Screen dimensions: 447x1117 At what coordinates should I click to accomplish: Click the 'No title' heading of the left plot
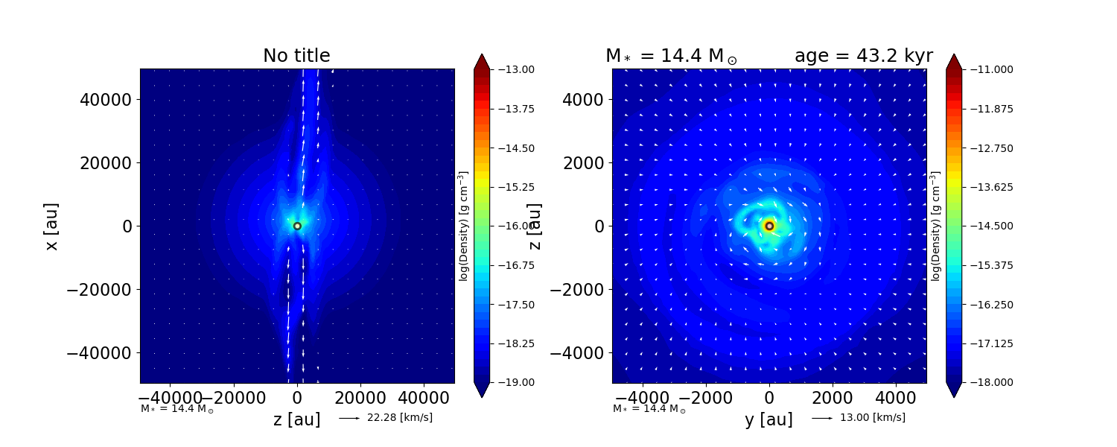[x=296, y=56]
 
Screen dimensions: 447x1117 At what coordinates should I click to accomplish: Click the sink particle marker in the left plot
[x=297, y=226]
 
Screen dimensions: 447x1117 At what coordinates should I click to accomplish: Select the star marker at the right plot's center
[x=769, y=226]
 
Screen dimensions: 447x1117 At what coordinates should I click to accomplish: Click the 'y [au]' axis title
[x=768, y=420]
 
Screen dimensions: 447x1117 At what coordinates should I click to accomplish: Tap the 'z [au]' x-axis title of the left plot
[x=296, y=420]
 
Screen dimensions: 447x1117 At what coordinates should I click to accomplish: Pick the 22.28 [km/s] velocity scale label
[x=399, y=418]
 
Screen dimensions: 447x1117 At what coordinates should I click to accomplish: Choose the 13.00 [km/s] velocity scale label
[x=872, y=418]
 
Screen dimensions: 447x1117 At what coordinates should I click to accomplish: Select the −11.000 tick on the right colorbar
[x=986, y=69]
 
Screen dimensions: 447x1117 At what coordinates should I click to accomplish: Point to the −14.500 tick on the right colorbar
[x=986, y=226]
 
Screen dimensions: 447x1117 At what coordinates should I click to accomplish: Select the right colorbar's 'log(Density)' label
[x=935, y=226]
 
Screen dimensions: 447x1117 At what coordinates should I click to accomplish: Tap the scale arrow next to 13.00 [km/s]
[x=822, y=418]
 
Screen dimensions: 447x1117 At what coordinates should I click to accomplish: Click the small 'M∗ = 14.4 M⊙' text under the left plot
[x=177, y=409]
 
